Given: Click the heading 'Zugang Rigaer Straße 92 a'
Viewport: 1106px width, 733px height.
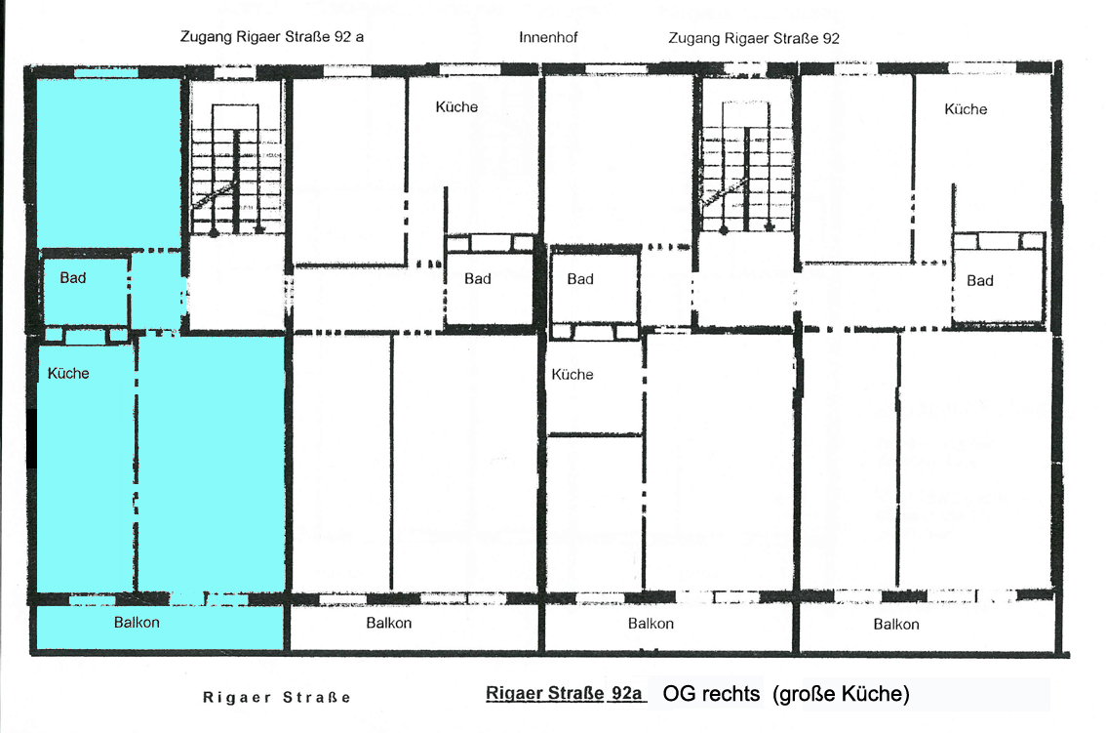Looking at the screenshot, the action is tap(271, 37).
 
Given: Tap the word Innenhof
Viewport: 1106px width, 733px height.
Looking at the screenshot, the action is tap(548, 37).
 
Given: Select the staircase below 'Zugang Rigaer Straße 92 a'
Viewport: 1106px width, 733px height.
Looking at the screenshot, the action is tap(236, 170).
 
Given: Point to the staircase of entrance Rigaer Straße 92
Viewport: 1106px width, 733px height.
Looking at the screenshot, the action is tap(746, 167).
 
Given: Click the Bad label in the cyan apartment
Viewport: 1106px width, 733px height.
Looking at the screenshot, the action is tap(72, 277).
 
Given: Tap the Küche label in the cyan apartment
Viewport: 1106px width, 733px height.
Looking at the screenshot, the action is tap(68, 373).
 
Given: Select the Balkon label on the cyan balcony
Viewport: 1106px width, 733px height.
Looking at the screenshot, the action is tap(137, 622).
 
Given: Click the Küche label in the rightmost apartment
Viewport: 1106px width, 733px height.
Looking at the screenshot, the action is tap(966, 108).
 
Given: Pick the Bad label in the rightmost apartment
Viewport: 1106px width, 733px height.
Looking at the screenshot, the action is tap(980, 280).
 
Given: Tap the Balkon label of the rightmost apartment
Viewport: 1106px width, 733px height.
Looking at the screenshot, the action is tap(895, 625).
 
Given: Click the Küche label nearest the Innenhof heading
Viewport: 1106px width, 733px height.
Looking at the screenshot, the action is tap(456, 106).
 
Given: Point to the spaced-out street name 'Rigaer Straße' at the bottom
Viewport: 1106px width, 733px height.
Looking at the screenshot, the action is tap(277, 698).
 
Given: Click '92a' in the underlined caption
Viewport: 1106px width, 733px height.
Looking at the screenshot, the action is tap(626, 693).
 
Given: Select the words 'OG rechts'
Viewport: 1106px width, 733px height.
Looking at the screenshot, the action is tap(711, 693).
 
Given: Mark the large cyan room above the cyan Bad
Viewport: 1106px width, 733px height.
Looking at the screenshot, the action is tap(108, 163).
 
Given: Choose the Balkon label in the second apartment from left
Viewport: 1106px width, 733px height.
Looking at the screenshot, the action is tap(388, 623).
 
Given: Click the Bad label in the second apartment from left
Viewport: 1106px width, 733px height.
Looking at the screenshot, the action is tap(478, 278).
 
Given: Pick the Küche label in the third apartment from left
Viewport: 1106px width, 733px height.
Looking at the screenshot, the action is tap(573, 374).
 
